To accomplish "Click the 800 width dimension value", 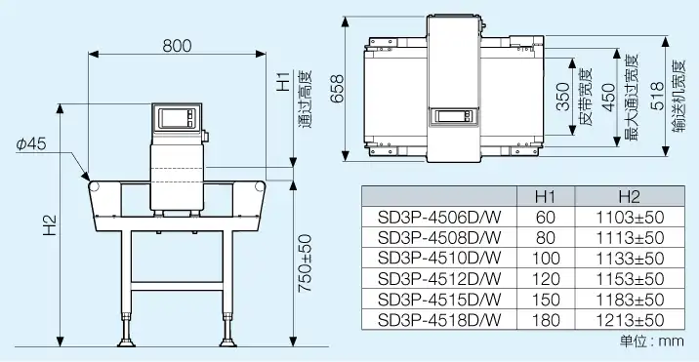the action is [x=177, y=46].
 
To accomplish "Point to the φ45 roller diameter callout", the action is [x=31, y=144].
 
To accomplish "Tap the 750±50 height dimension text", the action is [x=306, y=263].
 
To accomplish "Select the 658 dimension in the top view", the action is [x=338, y=88].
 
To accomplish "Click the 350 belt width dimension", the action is [x=563, y=97].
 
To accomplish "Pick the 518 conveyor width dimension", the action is [x=657, y=96].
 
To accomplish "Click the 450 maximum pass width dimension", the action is [x=609, y=97].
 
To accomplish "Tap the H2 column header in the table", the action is [x=630, y=196].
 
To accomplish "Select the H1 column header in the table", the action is [x=545, y=196].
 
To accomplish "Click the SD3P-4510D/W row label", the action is [x=439, y=259].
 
